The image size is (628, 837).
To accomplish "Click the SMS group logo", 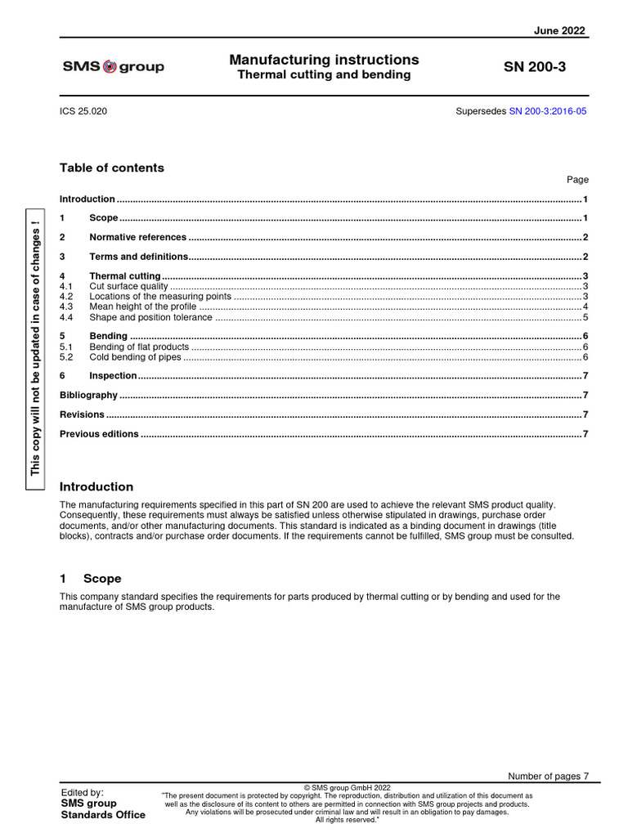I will click(113, 67).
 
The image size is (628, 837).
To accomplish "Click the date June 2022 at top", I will click(559, 30).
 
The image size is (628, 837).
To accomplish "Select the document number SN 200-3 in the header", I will click(535, 67).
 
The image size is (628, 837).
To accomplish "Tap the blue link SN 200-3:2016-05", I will click(548, 111).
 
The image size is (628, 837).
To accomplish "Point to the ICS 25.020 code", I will click(83, 111).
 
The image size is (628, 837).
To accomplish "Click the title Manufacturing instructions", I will click(324, 60).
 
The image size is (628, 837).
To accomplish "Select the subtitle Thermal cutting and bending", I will click(324, 75).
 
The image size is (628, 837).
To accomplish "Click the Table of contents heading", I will click(111, 168).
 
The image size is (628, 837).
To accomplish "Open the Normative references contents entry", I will click(137, 237).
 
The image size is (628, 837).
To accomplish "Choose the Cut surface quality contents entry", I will click(128, 286).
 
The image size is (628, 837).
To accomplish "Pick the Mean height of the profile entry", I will click(142, 307).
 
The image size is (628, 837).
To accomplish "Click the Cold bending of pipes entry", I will click(135, 357).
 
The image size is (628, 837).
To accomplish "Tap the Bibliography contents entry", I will click(88, 395).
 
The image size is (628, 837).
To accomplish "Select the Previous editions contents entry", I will click(99, 434).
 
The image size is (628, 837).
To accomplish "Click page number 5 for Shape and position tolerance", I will click(585, 317).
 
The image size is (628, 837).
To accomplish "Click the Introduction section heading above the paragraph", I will click(96, 486).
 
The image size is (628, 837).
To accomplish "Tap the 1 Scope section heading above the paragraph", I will click(90, 578).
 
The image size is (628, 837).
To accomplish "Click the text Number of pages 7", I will click(547, 776).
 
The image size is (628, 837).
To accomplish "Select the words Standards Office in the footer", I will click(103, 814).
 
